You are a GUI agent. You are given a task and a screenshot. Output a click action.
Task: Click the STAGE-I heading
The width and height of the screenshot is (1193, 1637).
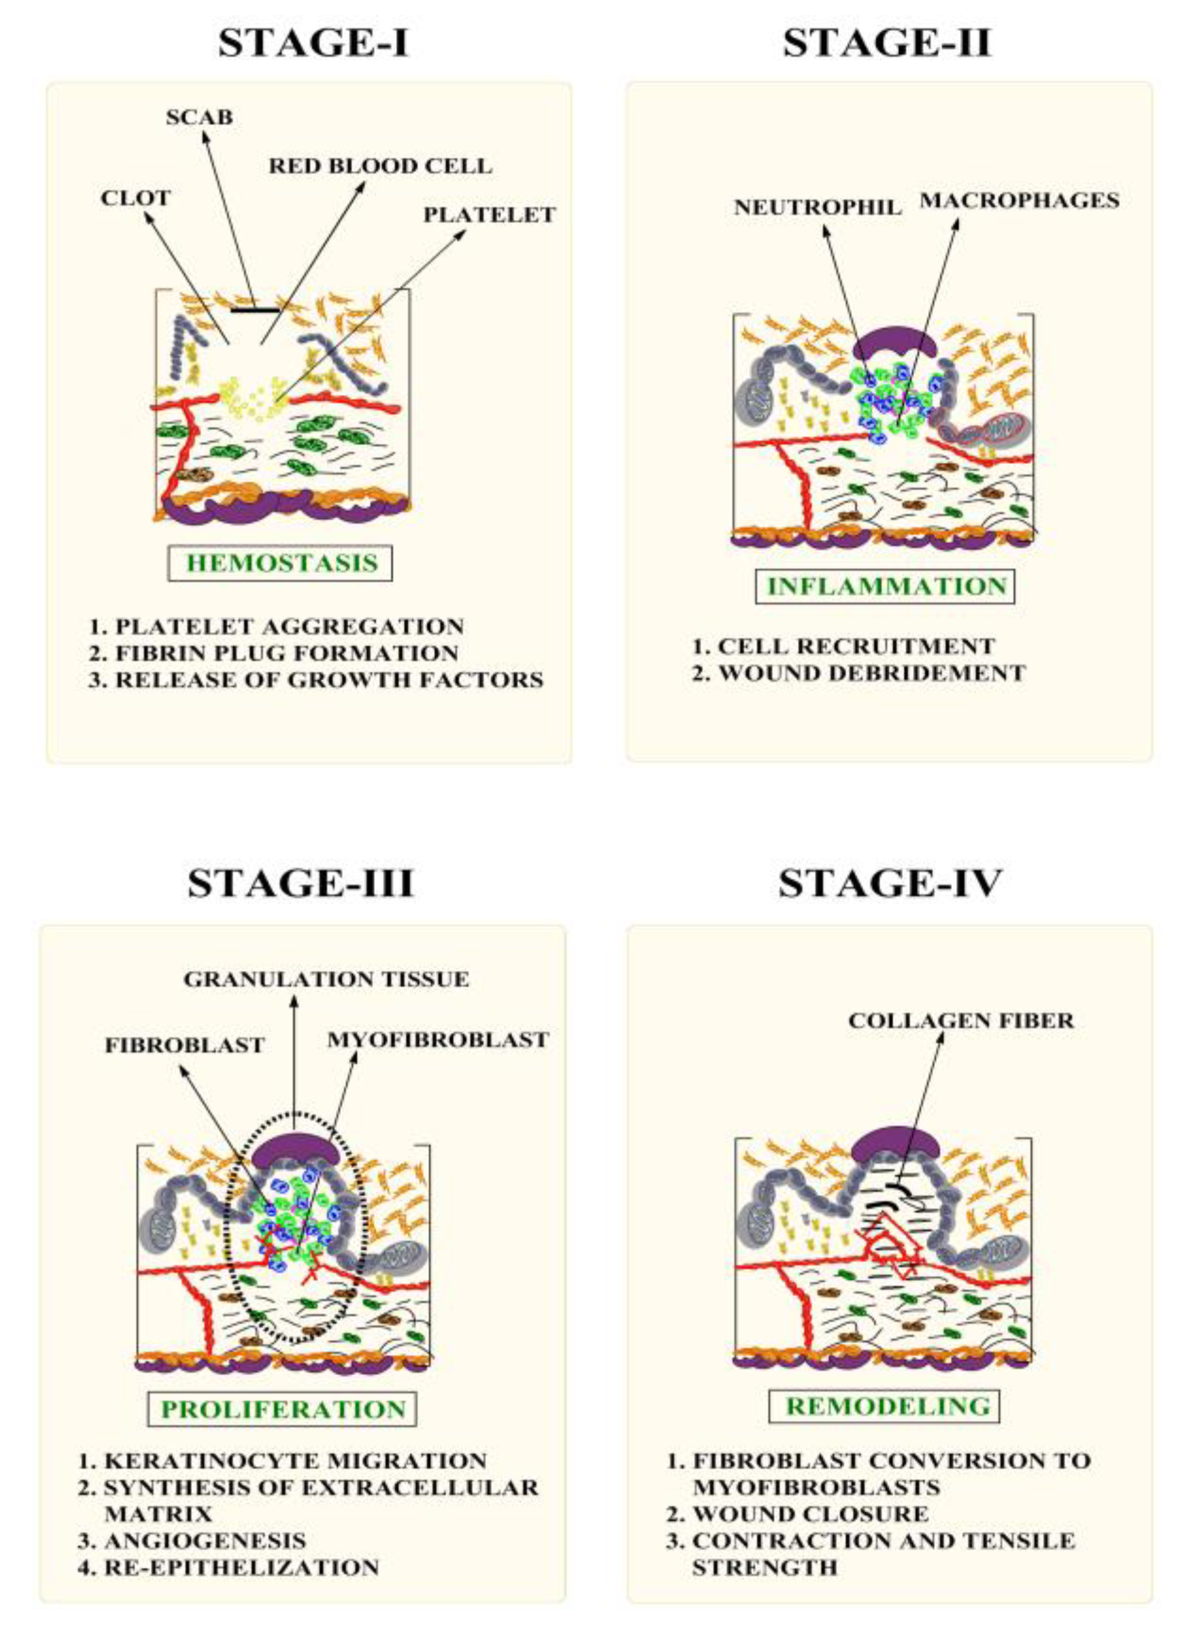tap(313, 43)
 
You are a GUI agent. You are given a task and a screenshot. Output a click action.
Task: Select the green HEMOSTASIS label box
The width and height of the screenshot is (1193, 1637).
tap(281, 563)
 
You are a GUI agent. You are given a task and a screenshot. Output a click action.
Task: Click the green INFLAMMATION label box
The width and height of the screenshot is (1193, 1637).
tap(885, 585)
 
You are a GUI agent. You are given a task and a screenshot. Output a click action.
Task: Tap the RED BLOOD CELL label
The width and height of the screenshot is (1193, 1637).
tap(381, 166)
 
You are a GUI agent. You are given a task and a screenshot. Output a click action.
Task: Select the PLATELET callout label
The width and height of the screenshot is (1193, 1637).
tap(489, 215)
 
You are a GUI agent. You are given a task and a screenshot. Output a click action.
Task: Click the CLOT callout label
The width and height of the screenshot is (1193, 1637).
tap(136, 198)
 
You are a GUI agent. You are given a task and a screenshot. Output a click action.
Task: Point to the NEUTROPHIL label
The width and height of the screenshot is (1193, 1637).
tap(818, 207)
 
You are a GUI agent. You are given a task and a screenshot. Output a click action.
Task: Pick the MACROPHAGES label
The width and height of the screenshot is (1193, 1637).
tap(1019, 200)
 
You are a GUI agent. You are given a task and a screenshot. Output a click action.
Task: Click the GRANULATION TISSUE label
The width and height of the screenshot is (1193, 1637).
tap(326, 979)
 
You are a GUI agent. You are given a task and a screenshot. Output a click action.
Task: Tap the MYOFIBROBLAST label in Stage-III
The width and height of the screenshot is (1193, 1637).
tap(438, 1040)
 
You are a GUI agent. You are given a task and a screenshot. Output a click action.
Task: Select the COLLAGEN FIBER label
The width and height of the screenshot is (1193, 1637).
tap(961, 1021)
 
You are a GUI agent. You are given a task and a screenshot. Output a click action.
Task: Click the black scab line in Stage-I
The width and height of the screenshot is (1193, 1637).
tap(255, 311)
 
